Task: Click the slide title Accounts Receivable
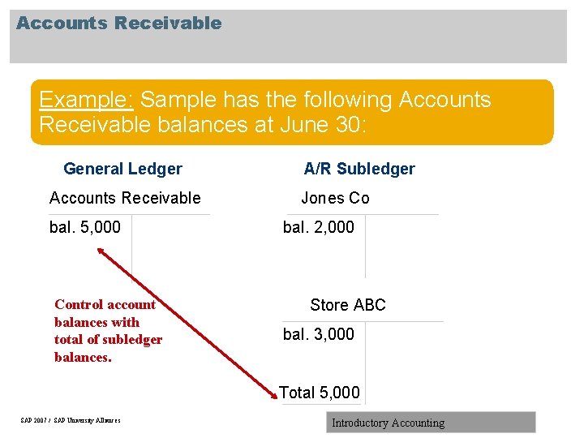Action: [118, 23]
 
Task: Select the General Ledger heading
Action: [122, 169]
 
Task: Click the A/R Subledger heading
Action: [359, 169]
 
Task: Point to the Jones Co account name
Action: [335, 198]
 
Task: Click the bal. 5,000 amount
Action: [85, 227]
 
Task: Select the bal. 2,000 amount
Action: [319, 227]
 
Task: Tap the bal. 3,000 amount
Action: [319, 334]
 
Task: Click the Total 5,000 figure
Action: [320, 393]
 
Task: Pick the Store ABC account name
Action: [348, 305]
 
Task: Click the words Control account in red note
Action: [105, 304]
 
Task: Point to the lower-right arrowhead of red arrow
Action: [273, 395]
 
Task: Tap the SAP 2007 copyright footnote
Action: [71, 420]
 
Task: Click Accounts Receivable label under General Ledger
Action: [125, 198]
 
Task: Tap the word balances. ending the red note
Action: [83, 357]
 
